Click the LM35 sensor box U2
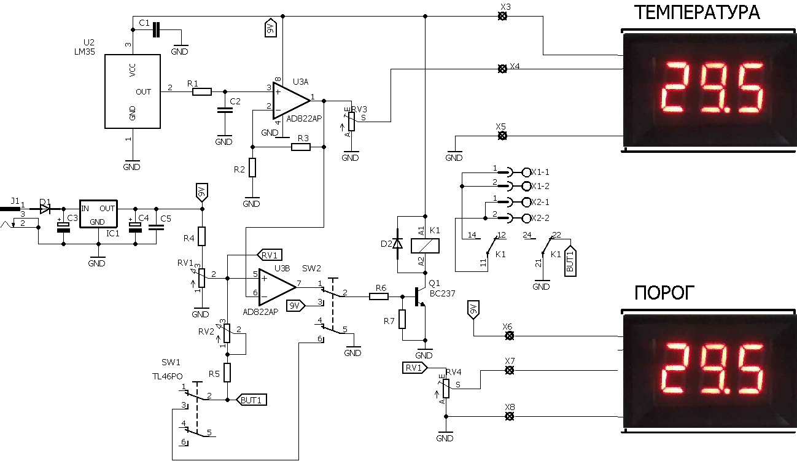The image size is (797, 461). [x=132, y=91]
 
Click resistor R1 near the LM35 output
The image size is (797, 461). [x=202, y=92]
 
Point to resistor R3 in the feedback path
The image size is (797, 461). [x=301, y=147]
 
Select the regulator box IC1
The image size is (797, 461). [x=98, y=214]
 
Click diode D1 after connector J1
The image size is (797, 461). [x=45, y=209]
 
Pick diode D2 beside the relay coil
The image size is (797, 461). [x=397, y=244]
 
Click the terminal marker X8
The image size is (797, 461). [x=509, y=417]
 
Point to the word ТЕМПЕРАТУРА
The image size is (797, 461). [x=698, y=12]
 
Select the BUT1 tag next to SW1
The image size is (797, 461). [x=252, y=400]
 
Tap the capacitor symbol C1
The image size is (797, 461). [x=156, y=29]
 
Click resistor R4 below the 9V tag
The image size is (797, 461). [x=202, y=236]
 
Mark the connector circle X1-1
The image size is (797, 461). [x=526, y=172]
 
